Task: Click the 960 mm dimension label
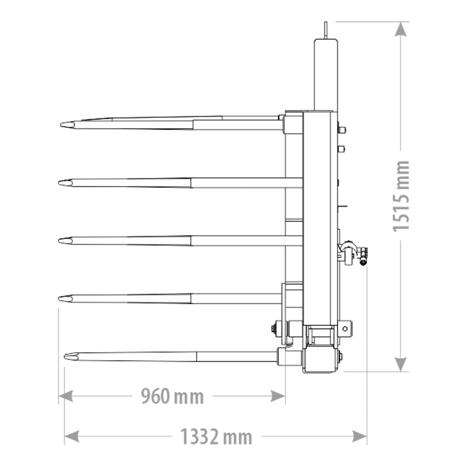172,396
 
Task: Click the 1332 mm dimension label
216,437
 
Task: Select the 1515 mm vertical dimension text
401,196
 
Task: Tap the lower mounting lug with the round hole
346,329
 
